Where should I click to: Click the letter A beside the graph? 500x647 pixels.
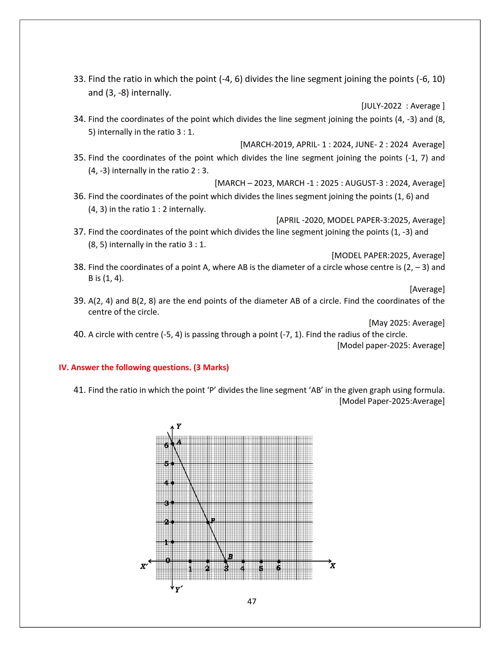(x=179, y=442)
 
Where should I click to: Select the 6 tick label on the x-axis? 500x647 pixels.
(x=278, y=568)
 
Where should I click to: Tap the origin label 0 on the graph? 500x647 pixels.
(x=168, y=560)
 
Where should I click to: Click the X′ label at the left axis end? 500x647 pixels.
(x=144, y=566)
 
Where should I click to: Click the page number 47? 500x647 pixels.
(x=252, y=601)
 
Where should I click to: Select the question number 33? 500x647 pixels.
(x=79, y=79)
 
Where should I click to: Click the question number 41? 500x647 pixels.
(x=79, y=390)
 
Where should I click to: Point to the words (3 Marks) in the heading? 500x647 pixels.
(x=211, y=368)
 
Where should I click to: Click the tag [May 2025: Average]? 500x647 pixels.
(x=407, y=323)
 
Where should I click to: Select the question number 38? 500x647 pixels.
(x=79, y=267)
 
